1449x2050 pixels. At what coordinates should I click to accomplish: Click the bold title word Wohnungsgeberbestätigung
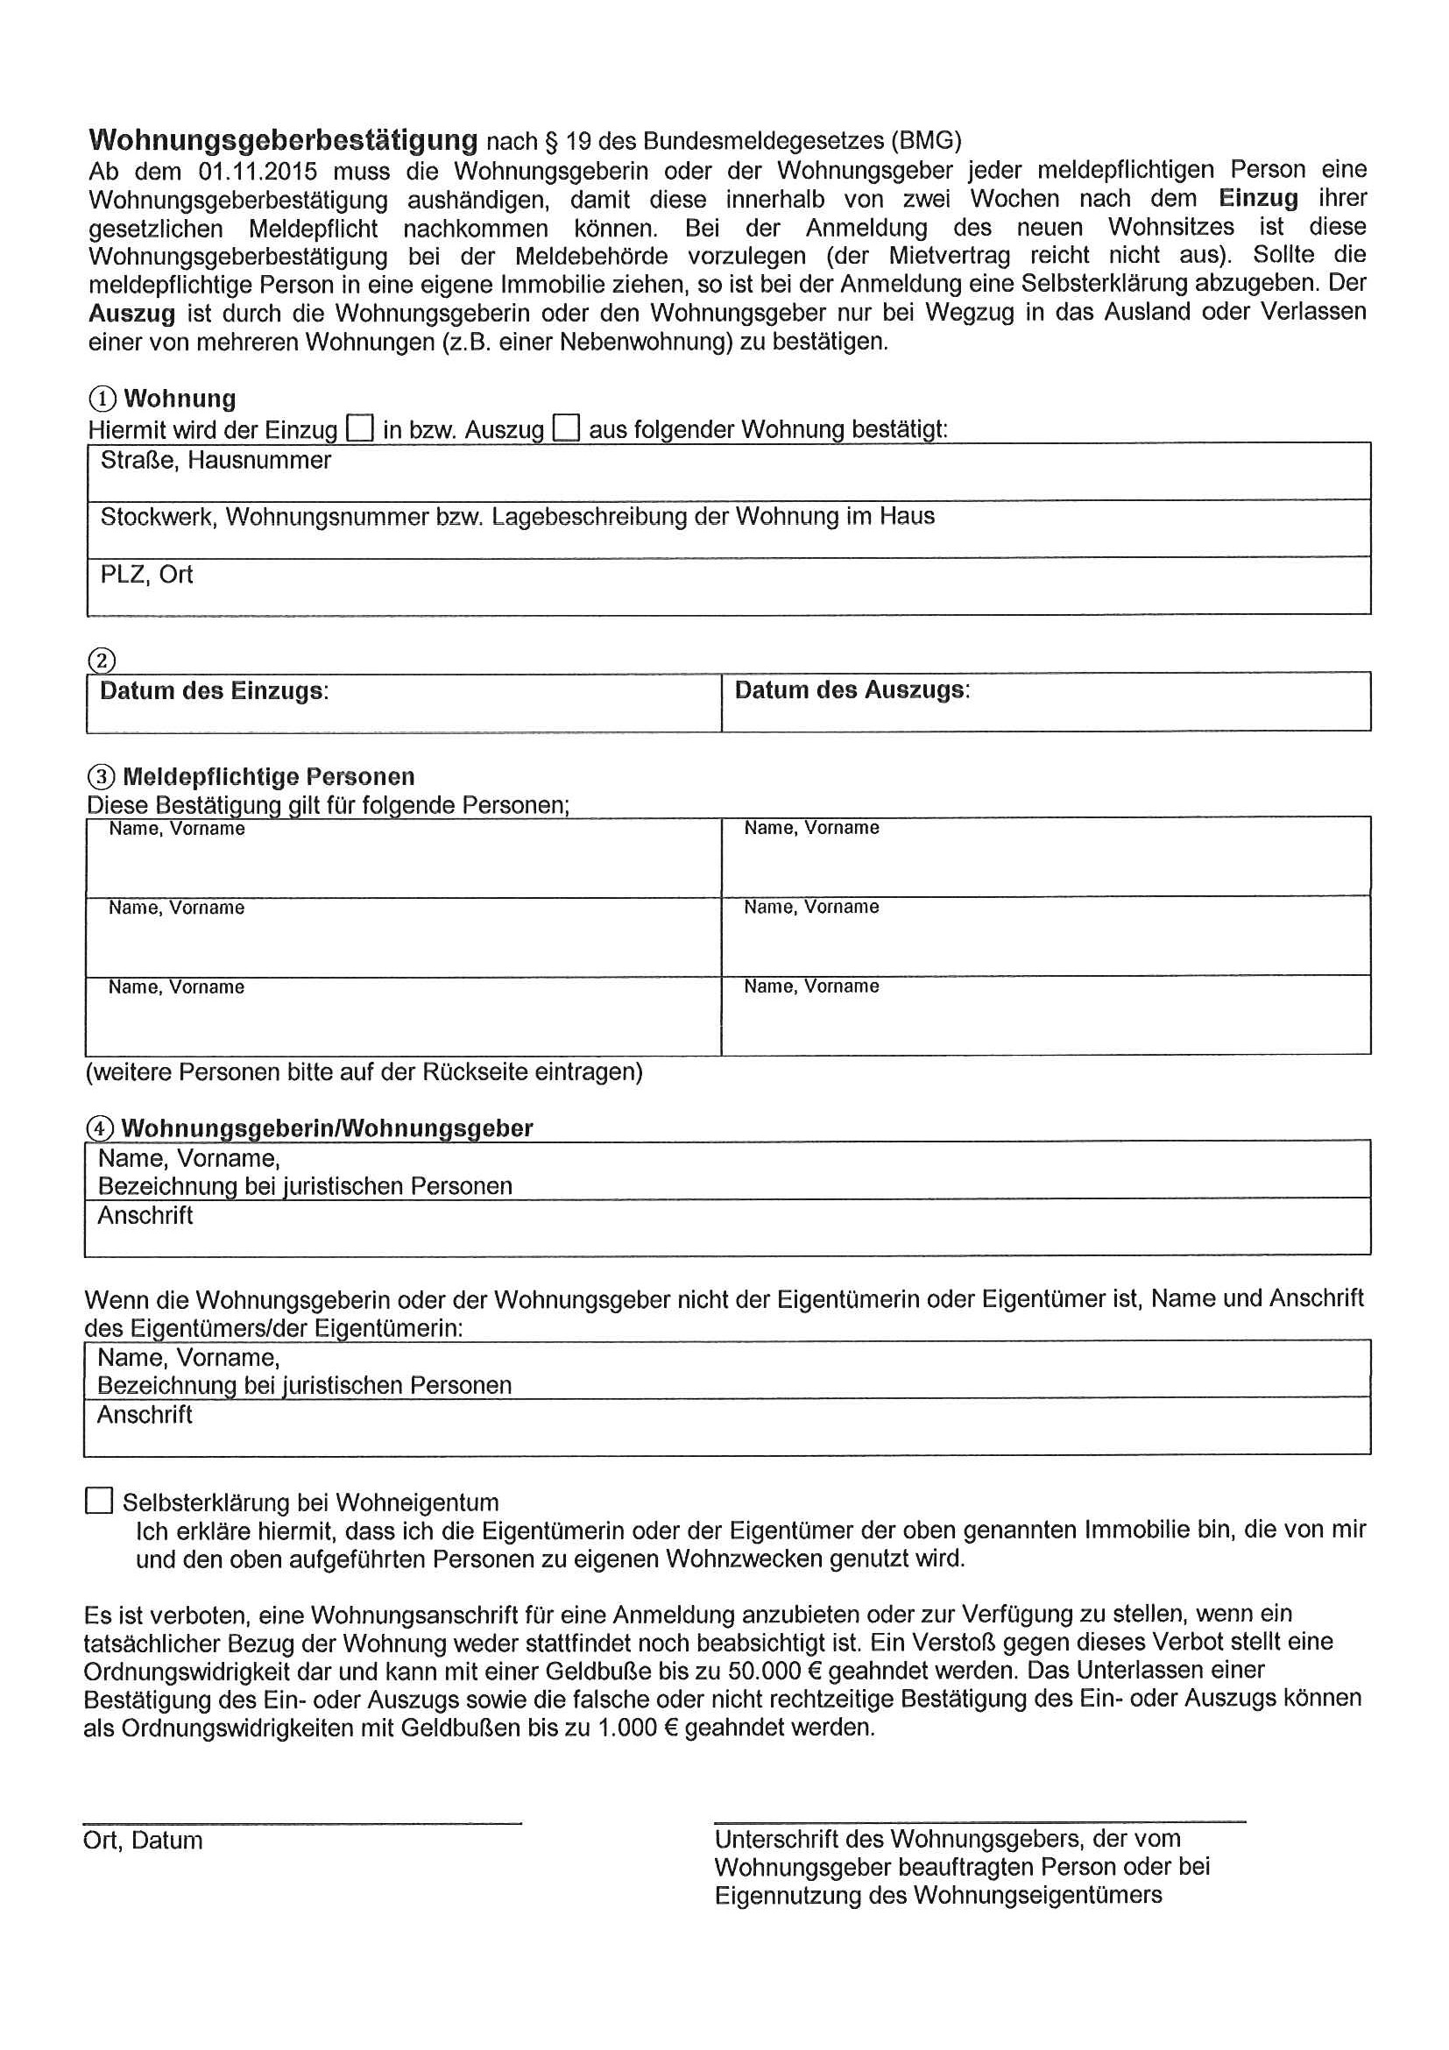point(283,140)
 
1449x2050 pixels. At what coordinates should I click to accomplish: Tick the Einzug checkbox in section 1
point(360,428)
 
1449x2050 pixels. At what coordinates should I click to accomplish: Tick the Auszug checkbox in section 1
point(566,428)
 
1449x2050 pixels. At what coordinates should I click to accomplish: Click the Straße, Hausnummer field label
point(216,461)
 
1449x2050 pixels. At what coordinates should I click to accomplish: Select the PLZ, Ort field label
point(146,574)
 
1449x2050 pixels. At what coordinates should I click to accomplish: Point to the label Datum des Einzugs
point(214,691)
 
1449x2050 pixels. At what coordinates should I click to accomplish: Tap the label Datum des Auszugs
point(852,690)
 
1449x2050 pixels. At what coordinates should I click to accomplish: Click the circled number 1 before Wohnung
point(102,399)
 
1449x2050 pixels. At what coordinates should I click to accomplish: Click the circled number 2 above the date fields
point(102,661)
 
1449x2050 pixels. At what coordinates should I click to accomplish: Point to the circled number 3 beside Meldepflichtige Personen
point(102,777)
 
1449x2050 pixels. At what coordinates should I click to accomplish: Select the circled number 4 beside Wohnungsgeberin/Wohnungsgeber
point(100,1128)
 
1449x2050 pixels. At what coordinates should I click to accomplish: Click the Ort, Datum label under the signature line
point(143,1840)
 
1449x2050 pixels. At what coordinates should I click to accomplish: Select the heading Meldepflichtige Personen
point(269,777)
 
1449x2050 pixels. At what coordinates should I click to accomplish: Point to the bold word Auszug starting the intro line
point(131,314)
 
